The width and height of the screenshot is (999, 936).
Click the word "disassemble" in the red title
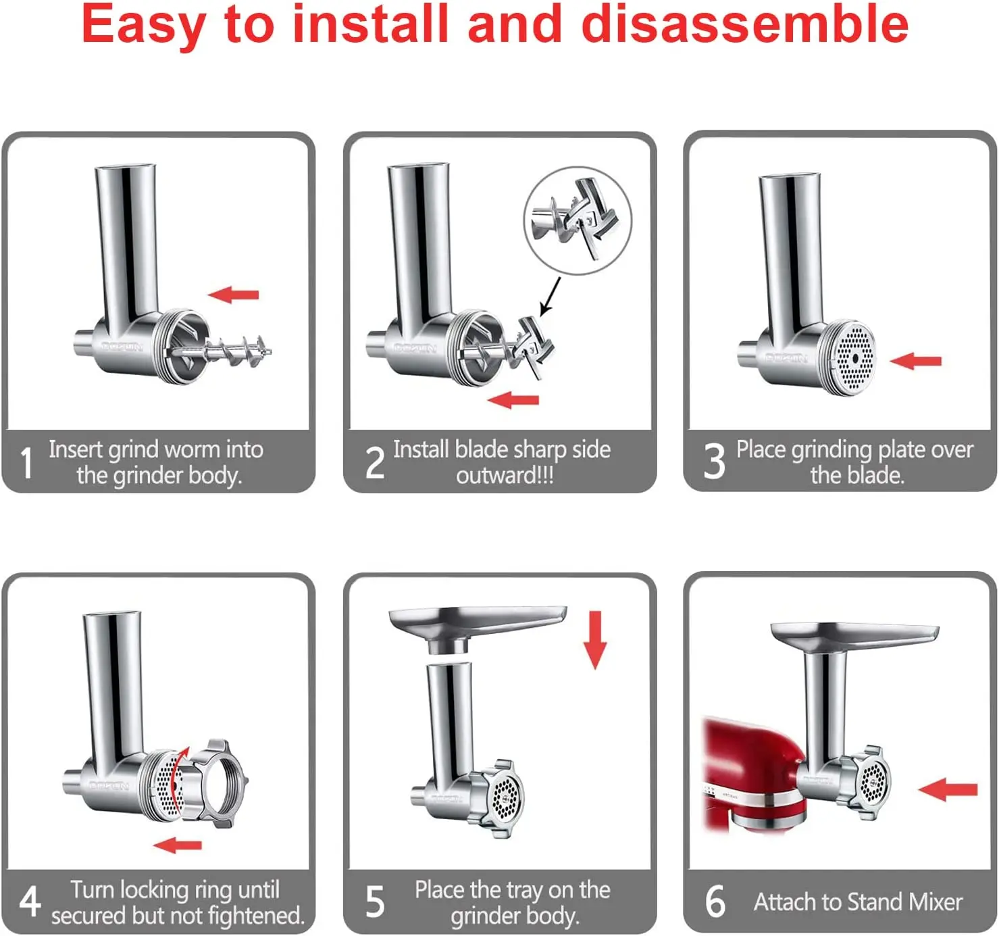click(x=744, y=25)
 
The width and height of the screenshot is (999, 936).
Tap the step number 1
click(x=26, y=462)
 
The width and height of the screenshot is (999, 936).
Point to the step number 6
click(x=715, y=901)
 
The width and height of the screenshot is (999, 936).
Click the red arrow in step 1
click(x=233, y=294)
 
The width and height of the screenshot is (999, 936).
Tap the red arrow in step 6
click(x=948, y=789)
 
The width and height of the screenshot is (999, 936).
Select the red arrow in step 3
click(x=915, y=360)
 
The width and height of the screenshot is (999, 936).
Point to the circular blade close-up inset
click(x=578, y=220)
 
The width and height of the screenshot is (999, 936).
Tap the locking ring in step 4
click(x=214, y=783)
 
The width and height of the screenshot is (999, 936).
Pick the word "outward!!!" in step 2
click(x=505, y=475)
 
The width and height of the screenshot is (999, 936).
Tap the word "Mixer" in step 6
click(x=935, y=902)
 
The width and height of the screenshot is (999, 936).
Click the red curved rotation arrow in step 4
click(x=177, y=779)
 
